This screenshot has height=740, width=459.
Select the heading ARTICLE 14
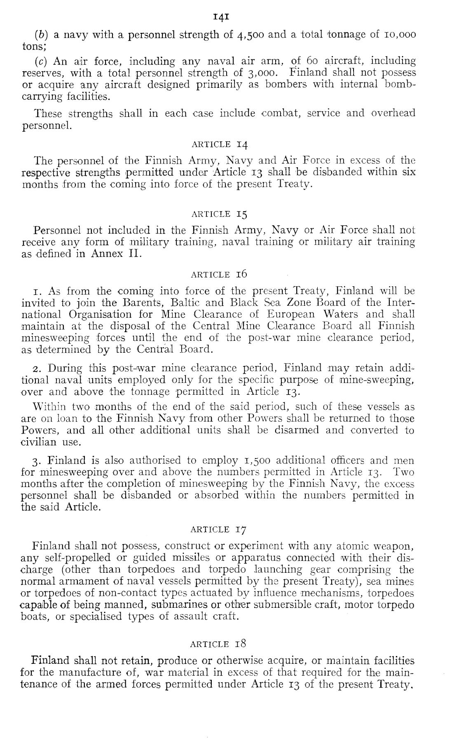(x=219, y=144)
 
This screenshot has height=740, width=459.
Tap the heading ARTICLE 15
(x=219, y=214)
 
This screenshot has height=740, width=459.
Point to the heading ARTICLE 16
(x=219, y=274)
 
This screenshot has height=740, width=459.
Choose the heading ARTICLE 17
(x=219, y=529)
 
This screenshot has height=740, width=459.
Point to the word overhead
(x=393, y=113)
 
